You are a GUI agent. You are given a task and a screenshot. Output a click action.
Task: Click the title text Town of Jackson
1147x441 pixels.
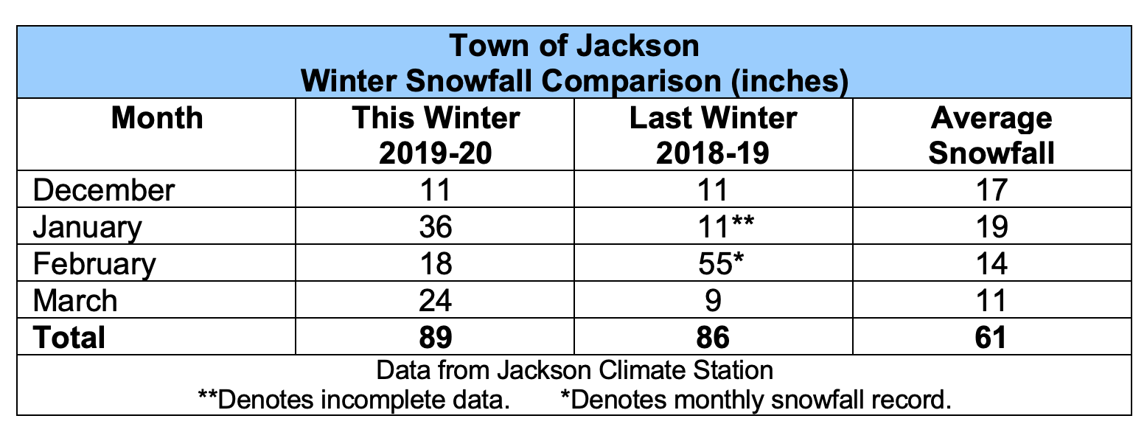[x=573, y=46]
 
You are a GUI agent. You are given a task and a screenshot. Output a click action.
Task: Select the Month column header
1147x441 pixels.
[x=156, y=119]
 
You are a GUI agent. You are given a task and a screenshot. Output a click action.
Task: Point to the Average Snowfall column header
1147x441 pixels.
[x=991, y=135]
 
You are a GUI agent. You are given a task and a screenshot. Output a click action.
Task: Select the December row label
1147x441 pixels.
[x=104, y=190]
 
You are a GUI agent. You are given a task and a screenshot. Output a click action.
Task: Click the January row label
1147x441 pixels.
[x=87, y=226]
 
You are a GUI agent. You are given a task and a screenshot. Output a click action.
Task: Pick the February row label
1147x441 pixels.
[x=94, y=264]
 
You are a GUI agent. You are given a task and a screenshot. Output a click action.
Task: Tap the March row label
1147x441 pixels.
[x=74, y=301]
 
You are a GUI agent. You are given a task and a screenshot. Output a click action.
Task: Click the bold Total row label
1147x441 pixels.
[x=69, y=337]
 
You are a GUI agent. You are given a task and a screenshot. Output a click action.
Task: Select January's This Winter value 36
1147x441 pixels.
[x=435, y=227]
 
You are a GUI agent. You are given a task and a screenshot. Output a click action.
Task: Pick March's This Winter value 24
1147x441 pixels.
[x=435, y=301]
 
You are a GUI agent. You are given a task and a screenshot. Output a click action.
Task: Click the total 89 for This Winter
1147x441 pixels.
[x=435, y=337]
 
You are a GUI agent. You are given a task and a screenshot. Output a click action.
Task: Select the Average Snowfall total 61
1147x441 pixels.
[x=991, y=337]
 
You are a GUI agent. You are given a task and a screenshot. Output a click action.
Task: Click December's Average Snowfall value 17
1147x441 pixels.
[x=991, y=190]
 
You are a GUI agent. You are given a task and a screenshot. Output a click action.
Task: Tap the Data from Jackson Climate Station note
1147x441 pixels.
[x=573, y=369]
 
